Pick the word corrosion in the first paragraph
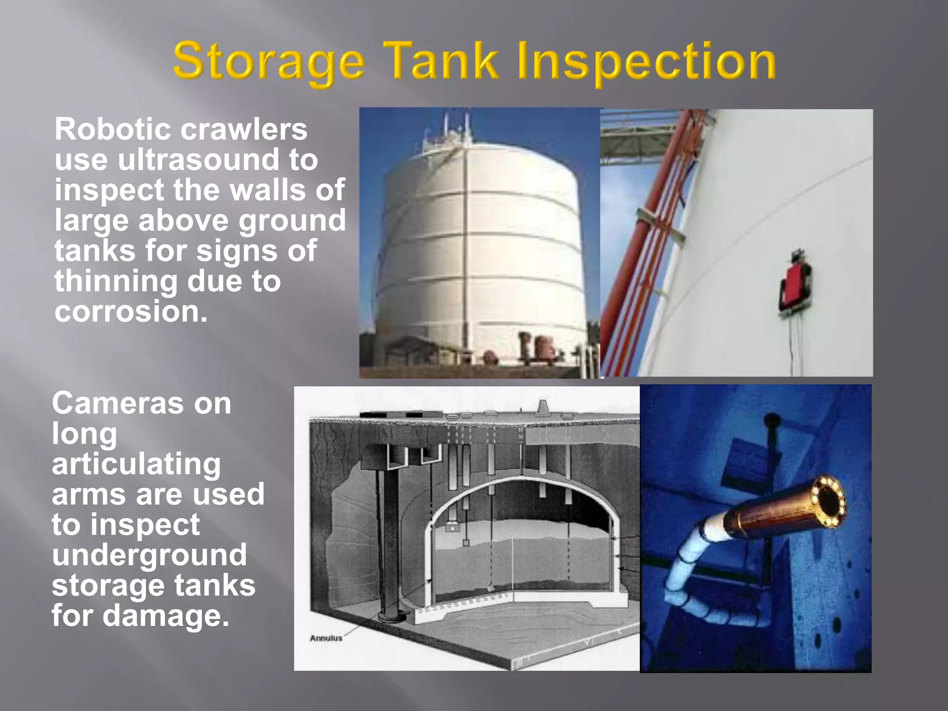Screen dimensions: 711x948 point(131,311)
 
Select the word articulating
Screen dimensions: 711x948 point(136,464)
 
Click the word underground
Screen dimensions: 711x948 point(149,555)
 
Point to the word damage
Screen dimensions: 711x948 point(166,616)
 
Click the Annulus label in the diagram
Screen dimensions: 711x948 point(326,638)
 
